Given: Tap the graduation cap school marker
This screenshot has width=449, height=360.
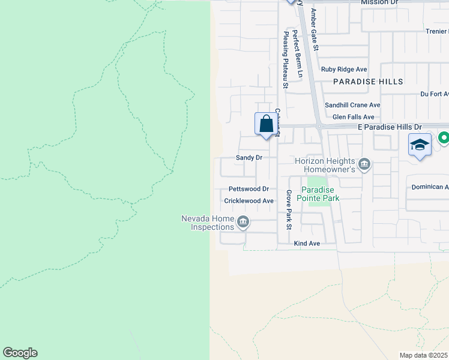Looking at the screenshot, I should (x=420, y=145).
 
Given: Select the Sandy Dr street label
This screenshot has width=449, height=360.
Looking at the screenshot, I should (x=249, y=158).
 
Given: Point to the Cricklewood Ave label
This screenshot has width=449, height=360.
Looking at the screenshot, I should (x=249, y=201).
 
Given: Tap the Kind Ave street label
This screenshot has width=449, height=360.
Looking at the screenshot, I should (x=307, y=244).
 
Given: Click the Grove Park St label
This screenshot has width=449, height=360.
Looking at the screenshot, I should (x=288, y=211).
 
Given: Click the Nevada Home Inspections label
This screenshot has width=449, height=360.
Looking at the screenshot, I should (x=208, y=223).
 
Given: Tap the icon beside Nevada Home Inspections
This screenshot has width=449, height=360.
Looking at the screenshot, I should (x=243, y=223).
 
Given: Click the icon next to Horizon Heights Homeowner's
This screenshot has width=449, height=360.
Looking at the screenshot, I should (x=364, y=164).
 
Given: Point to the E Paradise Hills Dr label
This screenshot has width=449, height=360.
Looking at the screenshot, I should (x=390, y=127).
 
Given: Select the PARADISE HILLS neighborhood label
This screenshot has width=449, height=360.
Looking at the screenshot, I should (x=367, y=81).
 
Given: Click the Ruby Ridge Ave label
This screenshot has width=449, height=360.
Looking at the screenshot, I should (x=344, y=70).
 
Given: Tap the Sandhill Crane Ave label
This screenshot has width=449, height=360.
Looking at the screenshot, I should (x=352, y=105).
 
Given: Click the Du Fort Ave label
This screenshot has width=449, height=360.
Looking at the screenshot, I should (x=434, y=94).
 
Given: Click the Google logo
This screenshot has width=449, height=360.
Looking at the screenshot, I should (x=20, y=353).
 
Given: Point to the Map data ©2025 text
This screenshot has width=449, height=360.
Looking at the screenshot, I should (x=423, y=355).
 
